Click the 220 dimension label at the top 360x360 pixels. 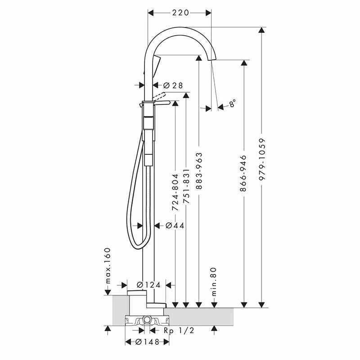tap(180, 13)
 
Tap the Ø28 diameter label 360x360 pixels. tap(173, 85)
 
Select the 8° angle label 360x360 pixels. tap(232, 103)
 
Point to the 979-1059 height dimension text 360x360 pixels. tap(262, 159)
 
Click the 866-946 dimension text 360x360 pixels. tap(243, 173)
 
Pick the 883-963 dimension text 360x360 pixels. tap(199, 171)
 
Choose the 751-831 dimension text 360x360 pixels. tap(186, 186)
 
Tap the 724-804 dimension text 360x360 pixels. tap(175, 193)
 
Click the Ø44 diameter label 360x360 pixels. tap(175, 226)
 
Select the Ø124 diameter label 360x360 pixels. tap(148, 285)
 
